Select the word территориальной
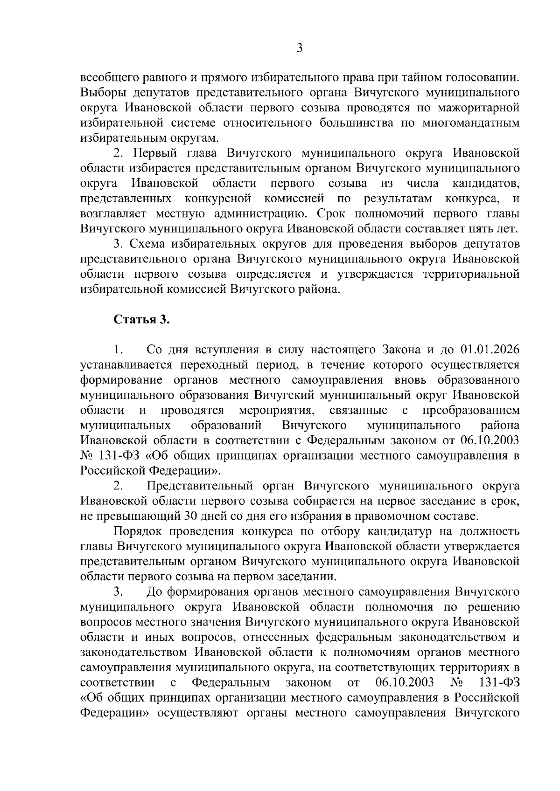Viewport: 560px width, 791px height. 471,274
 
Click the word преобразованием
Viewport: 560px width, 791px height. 471,410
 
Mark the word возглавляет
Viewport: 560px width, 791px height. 114,214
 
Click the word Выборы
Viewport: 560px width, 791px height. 100,93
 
